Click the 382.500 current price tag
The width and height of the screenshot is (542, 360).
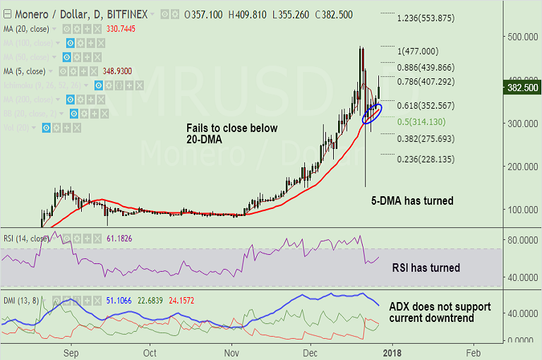[523, 88]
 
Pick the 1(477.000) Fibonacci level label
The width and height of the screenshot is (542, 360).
[418, 51]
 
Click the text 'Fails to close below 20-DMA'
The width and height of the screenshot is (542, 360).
[232, 134]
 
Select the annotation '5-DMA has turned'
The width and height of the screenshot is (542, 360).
[412, 200]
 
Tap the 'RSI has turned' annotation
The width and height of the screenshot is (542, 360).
[427, 268]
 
